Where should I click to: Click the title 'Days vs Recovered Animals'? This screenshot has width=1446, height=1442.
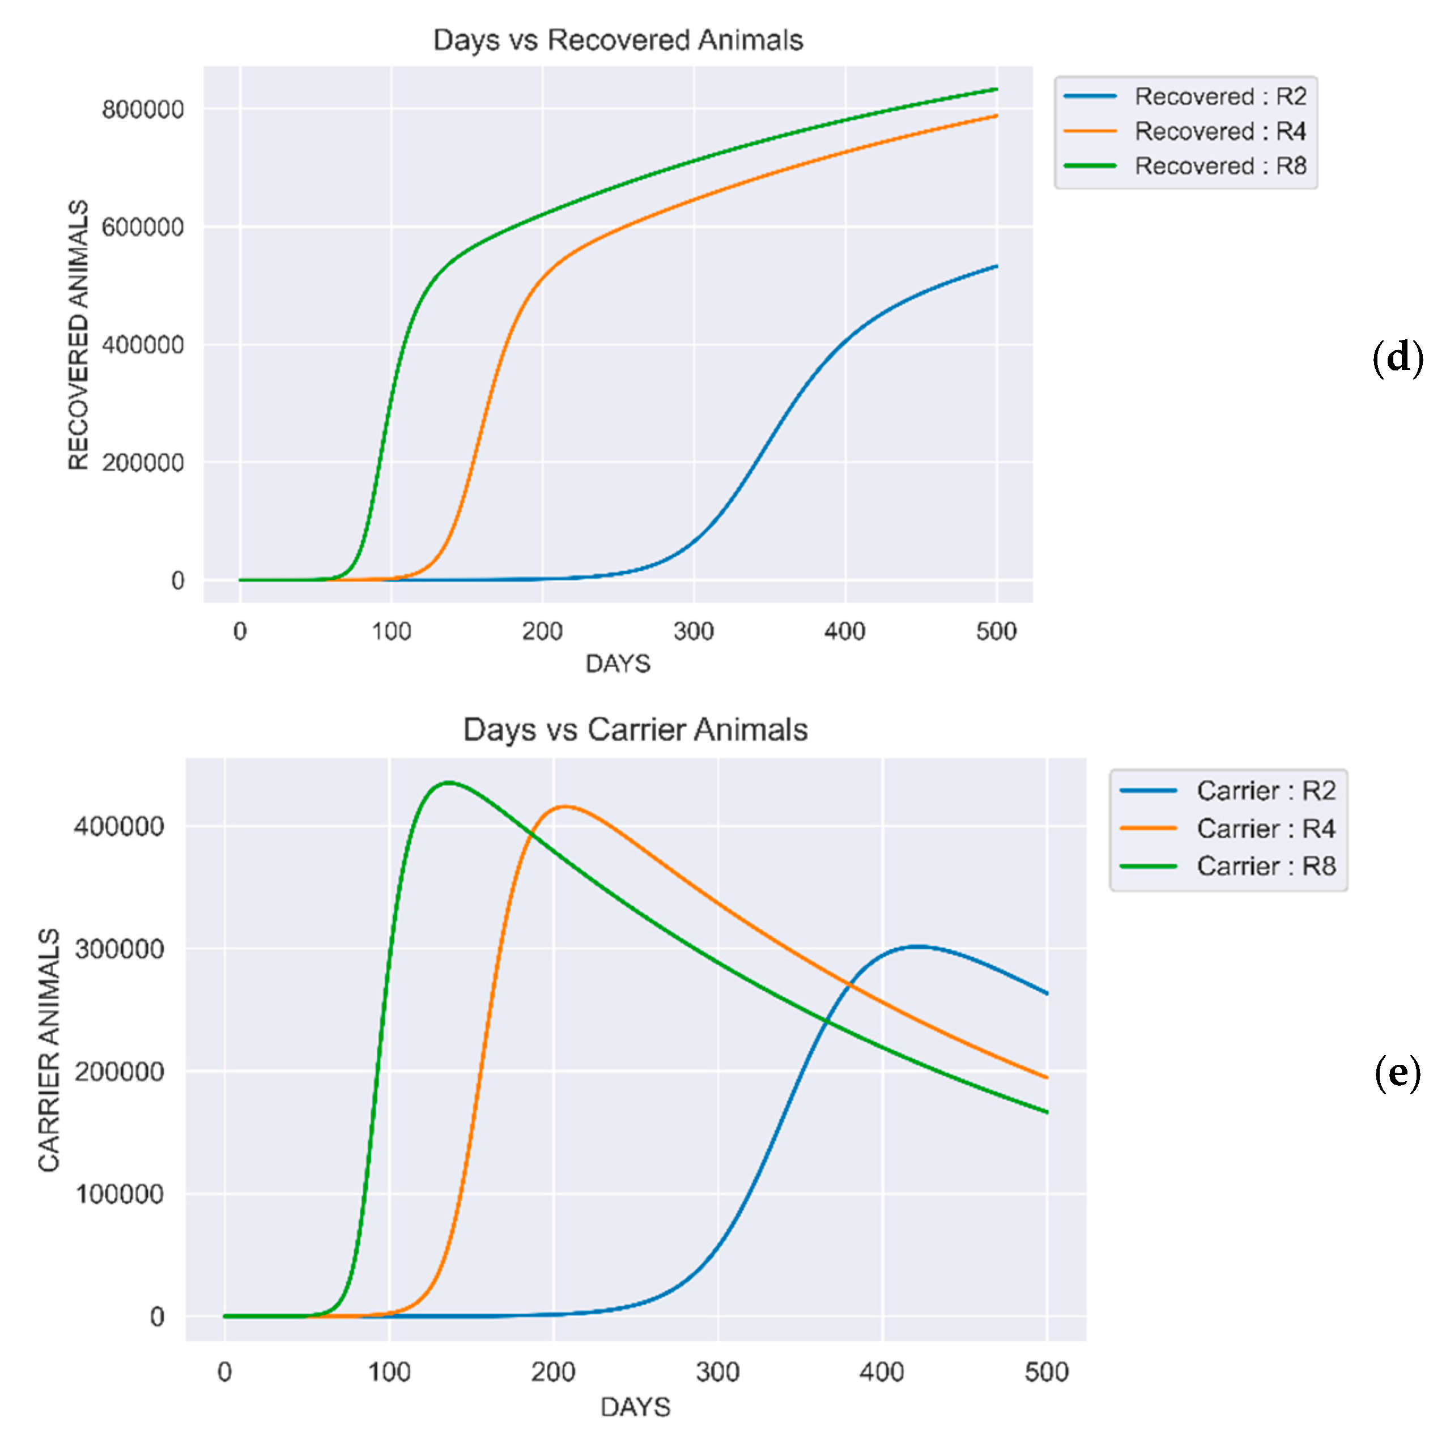[x=618, y=40]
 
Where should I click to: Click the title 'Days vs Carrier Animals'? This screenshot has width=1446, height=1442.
[x=635, y=729]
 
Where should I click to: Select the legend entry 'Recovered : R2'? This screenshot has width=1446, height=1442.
[x=1220, y=96]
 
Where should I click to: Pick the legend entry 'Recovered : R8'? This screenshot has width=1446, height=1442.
[x=1220, y=165]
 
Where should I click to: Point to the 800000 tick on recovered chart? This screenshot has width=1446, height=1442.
[x=142, y=109]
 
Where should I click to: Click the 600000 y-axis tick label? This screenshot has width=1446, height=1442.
[x=142, y=227]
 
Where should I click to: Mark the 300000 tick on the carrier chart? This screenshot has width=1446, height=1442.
[x=119, y=949]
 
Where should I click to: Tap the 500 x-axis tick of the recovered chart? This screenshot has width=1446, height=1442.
[x=996, y=631]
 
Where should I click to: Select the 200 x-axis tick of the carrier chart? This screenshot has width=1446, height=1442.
[x=553, y=1372]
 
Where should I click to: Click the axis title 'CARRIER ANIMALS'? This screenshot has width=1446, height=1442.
[x=49, y=1050]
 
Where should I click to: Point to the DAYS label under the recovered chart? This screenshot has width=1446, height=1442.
[x=618, y=663]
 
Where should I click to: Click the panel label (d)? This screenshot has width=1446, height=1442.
[x=1397, y=358]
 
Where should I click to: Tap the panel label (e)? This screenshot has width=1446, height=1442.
[x=1397, y=1073]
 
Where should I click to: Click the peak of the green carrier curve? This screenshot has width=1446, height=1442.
[x=447, y=782]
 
